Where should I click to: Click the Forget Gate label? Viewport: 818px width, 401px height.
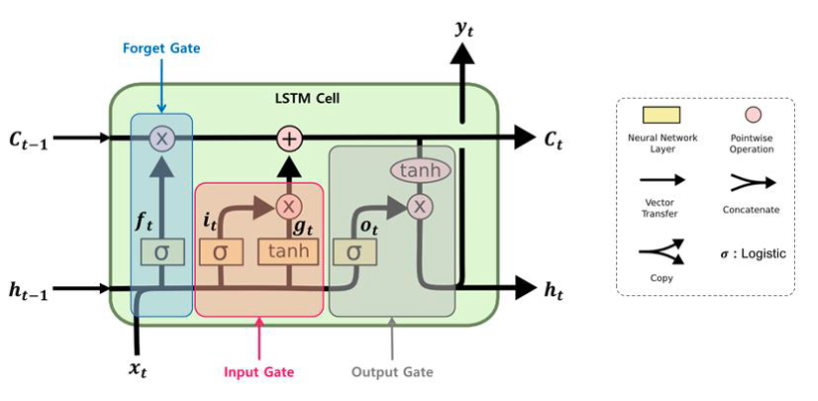[160, 47]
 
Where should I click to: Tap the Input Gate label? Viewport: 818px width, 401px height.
[259, 372]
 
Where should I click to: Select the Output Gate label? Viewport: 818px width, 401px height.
[393, 372]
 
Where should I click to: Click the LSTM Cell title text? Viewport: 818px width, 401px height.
[306, 98]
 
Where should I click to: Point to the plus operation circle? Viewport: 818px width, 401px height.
[288, 139]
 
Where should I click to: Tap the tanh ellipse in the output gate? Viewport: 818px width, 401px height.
[419, 171]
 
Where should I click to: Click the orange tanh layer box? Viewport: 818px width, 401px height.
[288, 251]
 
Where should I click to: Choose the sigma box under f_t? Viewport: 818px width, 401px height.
[161, 252]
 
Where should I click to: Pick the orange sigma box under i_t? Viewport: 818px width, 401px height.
[220, 251]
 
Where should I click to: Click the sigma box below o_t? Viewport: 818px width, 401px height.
[353, 251]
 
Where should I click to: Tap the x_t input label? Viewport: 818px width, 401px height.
[145, 368]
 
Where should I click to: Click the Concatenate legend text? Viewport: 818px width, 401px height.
[749, 210]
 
